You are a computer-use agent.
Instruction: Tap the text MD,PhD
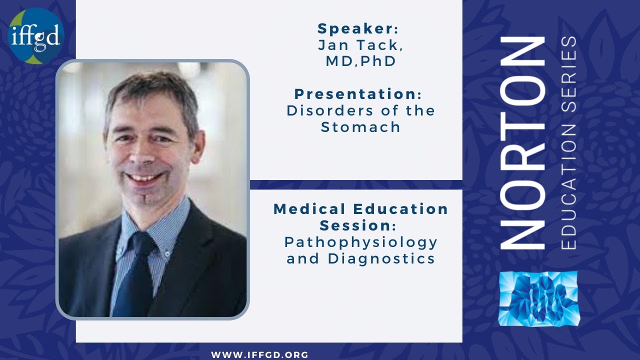click(360, 61)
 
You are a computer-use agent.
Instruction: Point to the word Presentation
click(355, 94)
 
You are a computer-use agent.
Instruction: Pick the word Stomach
click(360, 127)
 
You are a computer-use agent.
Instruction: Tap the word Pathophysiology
click(360, 242)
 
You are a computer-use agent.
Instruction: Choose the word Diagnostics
click(381, 258)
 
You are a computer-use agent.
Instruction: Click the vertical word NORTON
click(522, 142)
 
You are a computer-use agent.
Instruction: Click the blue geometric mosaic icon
click(538, 299)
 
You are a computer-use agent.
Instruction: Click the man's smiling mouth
click(145, 177)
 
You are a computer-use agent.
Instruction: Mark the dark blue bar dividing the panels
click(356, 184)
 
